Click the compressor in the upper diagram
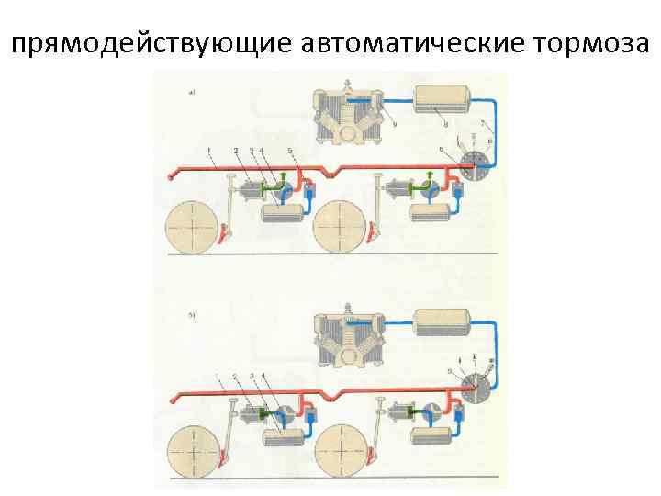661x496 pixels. (348, 114)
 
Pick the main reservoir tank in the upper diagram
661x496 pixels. (443, 99)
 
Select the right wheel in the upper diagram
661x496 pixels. (343, 225)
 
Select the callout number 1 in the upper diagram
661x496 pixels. (209, 150)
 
